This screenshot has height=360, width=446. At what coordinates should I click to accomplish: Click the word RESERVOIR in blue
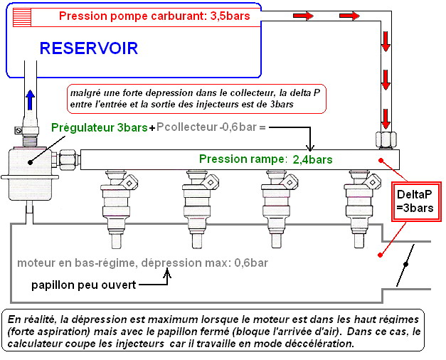(x=89, y=48)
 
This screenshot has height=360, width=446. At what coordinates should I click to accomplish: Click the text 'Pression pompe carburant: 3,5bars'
(x=154, y=16)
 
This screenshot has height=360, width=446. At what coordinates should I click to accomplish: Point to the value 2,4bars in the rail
(x=312, y=159)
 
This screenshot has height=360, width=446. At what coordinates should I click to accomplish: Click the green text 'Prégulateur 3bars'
(x=100, y=128)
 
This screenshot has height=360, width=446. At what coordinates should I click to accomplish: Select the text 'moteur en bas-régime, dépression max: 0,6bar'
(x=143, y=263)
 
